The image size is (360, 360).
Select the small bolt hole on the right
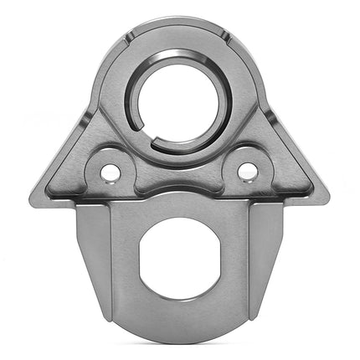tap(247, 171)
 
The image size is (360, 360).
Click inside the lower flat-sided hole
tap(180, 258)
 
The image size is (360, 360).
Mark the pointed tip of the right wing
tap(327, 199)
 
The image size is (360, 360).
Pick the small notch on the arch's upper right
tap(229, 36)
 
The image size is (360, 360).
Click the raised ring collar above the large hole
tap(179, 56)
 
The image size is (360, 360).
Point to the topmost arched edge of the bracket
tap(179, 18)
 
